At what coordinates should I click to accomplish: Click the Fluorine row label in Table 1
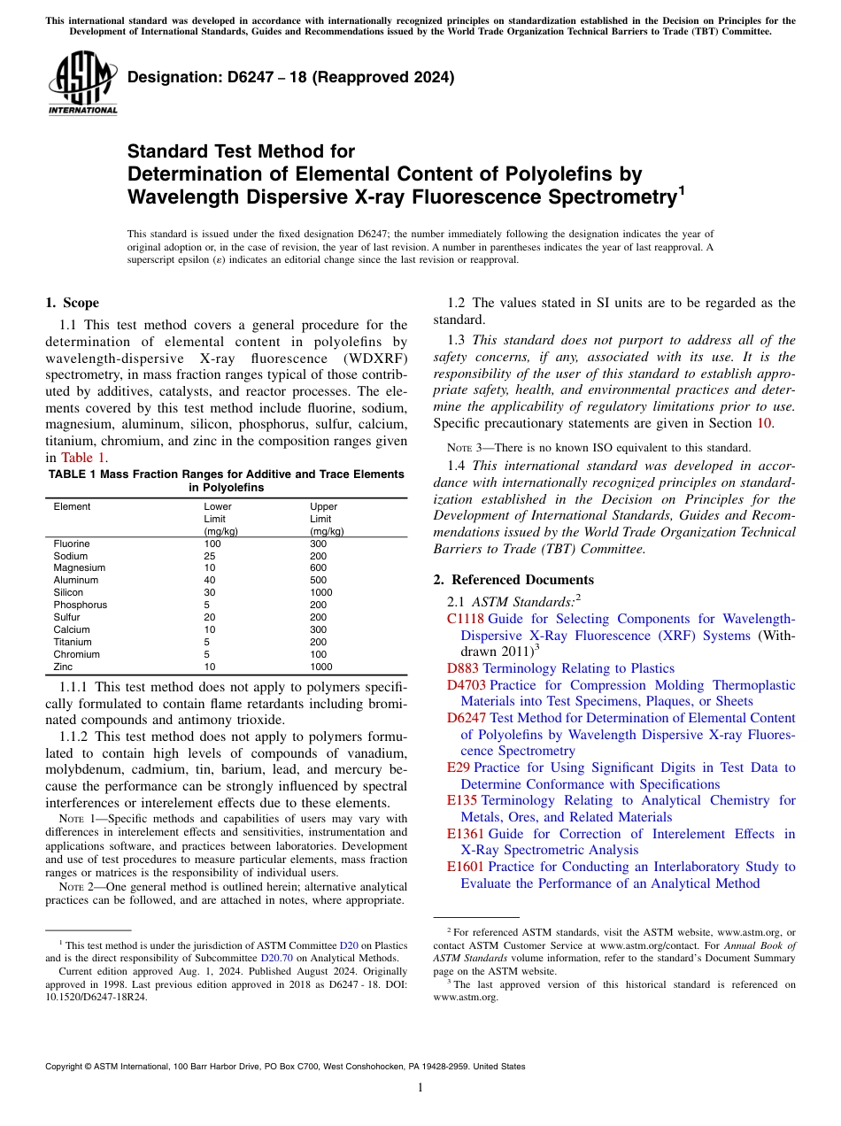coord(72,544)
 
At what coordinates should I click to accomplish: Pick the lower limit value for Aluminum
coord(211,580)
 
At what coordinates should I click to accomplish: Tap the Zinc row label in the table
coord(64,667)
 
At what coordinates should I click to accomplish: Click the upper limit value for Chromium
coord(318,654)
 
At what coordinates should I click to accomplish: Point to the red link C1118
coord(466,619)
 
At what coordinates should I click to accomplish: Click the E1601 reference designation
coord(466,867)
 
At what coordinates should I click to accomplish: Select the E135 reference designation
coord(462,800)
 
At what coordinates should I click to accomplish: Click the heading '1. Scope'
coord(73,303)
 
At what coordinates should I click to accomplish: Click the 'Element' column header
coord(72,506)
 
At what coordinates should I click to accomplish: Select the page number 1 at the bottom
coord(420,1088)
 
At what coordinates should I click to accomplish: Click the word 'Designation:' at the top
coord(162,77)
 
